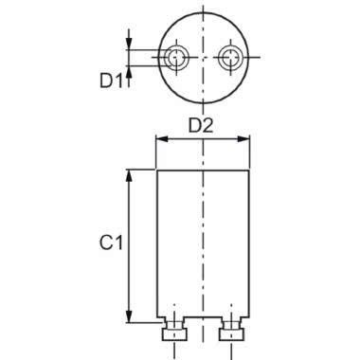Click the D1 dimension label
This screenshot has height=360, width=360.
(x=111, y=81)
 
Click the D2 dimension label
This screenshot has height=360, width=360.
(x=201, y=126)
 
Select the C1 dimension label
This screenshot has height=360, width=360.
(x=111, y=243)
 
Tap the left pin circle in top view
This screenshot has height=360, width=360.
(x=176, y=58)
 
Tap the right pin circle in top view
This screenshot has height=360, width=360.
(x=230, y=58)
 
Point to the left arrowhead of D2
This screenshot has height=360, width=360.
(x=161, y=139)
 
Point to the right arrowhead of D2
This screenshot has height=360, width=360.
(x=243, y=139)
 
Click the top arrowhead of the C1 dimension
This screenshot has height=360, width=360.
(x=129, y=176)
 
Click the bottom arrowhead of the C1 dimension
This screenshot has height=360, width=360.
(x=129, y=316)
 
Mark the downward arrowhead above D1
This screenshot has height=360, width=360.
(x=129, y=44)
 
